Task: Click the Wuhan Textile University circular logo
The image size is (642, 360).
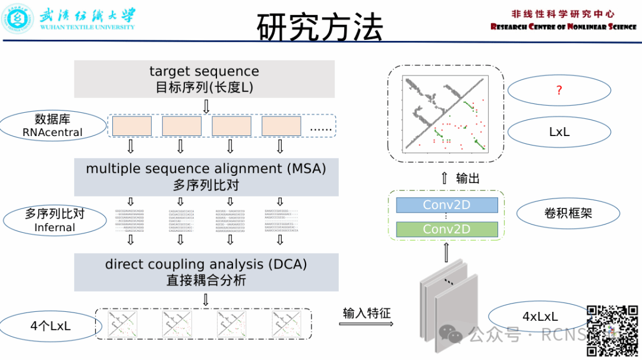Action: (18, 18)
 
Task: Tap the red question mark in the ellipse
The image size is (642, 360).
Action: (559, 90)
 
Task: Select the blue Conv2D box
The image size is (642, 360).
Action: (446, 205)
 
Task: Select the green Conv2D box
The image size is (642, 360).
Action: (446, 229)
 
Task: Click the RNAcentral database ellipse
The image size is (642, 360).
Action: (52, 126)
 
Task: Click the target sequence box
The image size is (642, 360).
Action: (204, 78)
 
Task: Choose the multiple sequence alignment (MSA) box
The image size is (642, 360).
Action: (206, 176)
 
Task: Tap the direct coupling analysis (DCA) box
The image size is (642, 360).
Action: (206, 272)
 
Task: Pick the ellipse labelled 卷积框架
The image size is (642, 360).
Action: (568, 213)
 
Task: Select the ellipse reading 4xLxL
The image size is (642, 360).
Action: (539, 317)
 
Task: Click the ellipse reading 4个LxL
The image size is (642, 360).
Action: (50, 326)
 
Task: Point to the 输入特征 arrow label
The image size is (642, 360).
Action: (367, 312)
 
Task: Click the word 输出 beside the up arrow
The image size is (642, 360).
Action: (468, 178)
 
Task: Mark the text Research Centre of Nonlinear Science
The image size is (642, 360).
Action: (563, 27)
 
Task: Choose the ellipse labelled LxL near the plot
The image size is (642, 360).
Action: (559, 132)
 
